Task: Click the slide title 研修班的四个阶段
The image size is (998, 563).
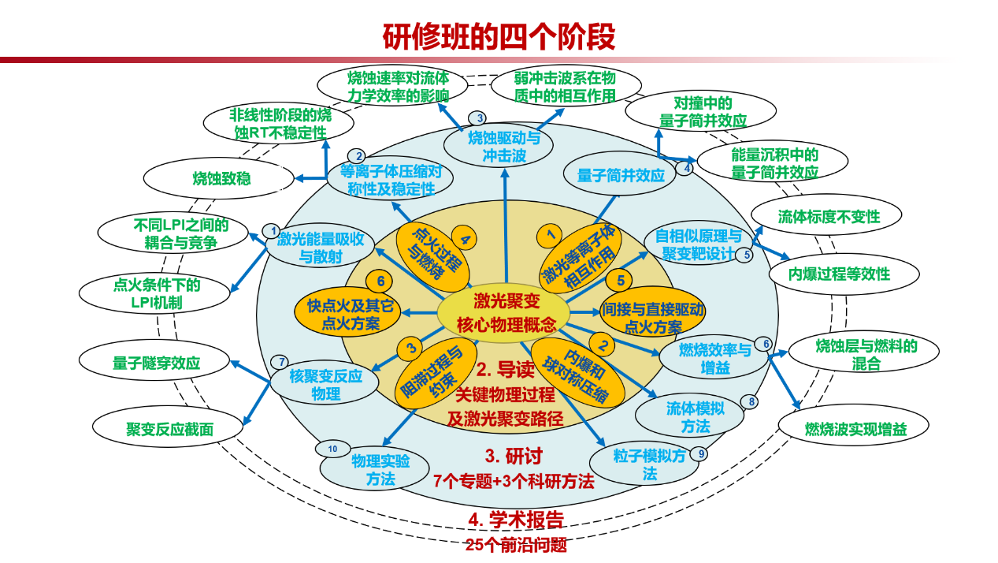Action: click(499, 36)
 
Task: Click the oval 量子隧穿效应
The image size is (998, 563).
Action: click(156, 364)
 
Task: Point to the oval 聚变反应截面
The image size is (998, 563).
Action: click(169, 429)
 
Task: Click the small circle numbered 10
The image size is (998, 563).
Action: click(332, 449)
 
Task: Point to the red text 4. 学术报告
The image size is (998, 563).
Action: click(516, 520)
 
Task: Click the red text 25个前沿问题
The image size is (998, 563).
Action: click(516, 545)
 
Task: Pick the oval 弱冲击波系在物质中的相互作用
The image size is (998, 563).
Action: click(564, 87)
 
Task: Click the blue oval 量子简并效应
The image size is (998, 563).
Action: click(621, 176)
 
